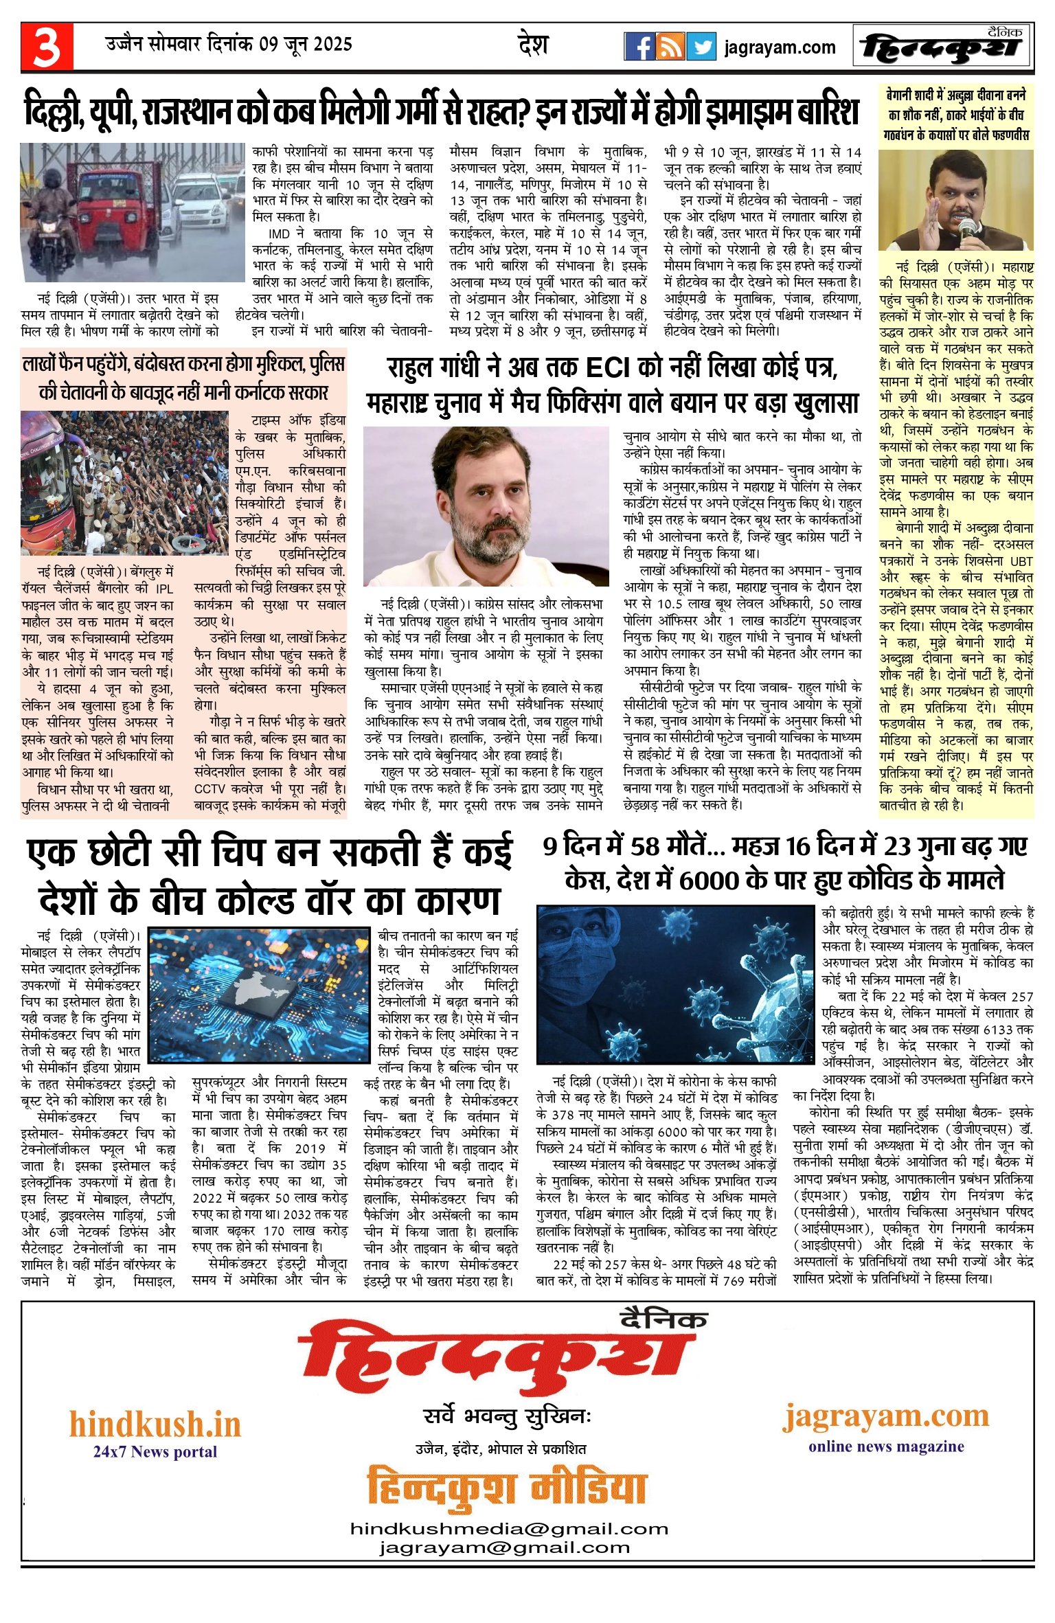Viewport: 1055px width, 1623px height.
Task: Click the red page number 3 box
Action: (47, 47)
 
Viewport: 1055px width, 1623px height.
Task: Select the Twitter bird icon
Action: (701, 47)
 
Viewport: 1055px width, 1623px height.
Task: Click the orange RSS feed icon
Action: (670, 47)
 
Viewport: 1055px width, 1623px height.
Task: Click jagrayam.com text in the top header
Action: (780, 47)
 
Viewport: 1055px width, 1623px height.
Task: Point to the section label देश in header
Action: (533, 45)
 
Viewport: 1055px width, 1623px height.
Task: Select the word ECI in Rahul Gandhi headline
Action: (607, 369)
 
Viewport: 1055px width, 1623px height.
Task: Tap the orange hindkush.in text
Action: (155, 1425)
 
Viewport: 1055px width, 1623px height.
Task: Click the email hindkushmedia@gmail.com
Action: (509, 1528)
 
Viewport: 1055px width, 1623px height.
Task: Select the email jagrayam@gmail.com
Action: (504, 1547)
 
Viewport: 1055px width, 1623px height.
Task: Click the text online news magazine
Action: (886, 1446)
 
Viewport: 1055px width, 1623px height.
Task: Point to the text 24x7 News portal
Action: (155, 1451)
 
